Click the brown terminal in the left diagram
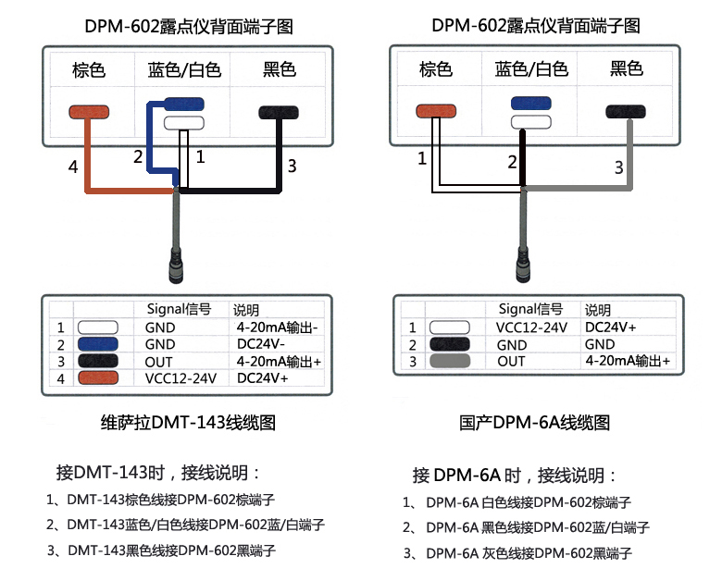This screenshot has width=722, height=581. pyautogui.click(x=89, y=112)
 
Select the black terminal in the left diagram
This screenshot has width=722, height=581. pyautogui.click(x=280, y=112)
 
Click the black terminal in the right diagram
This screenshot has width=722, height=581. pyautogui.click(x=627, y=111)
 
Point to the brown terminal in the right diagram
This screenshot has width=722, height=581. pyautogui.click(x=436, y=112)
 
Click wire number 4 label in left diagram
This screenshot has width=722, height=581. pyautogui.click(x=73, y=167)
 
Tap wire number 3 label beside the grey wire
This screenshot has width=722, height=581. pyautogui.click(x=620, y=167)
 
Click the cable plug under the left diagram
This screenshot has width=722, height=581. pyautogui.click(x=176, y=268)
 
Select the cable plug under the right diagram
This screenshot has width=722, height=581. pyautogui.click(x=523, y=268)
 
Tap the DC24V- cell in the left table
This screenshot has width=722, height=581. pyautogui.click(x=262, y=344)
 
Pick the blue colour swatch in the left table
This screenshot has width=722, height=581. pyautogui.click(x=97, y=344)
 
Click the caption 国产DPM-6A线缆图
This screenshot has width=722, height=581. pyautogui.click(x=535, y=423)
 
